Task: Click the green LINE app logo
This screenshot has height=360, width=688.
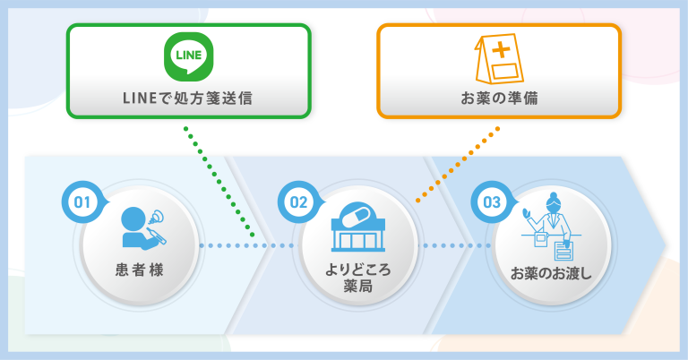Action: pos(188,56)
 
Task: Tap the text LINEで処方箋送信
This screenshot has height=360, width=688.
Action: pos(188,98)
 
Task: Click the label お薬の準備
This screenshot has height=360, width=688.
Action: pos(499,98)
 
